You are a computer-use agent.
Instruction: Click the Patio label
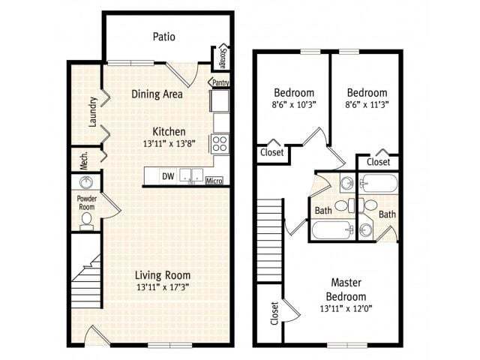pyautogui.click(x=164, y=36)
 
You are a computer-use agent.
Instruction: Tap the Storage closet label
pyautogui.click(x=222, y=57)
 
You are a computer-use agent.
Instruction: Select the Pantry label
pyautogui.click(x=220, y=82)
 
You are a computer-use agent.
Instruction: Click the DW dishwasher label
pyautogui.click(x=168, y=177)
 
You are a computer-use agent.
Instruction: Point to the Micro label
pyautogui.click(x=214, y=180)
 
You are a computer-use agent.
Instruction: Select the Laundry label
pyautogui.click(x=93, y=112)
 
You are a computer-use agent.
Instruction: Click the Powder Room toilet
pyautogui.click(x=86, y=219)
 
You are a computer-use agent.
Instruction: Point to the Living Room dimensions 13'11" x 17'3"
pyautogui.click(x=163, y=287)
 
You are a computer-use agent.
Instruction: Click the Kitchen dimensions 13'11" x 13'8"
pyautogui.click(x=174, y=143)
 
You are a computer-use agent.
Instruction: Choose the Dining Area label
pyautogui.click(x=157, y=94)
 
